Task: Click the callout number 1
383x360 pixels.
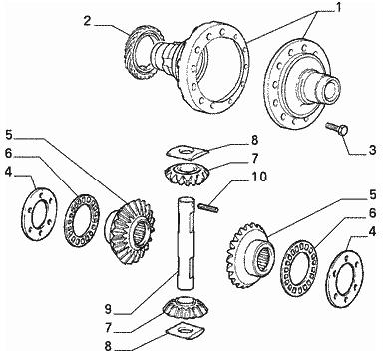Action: tap(338, 7)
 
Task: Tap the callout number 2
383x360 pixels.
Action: tap(87, 21)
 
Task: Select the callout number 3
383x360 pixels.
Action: tap(372, 150)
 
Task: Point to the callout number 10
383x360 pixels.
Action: tap(259, 177)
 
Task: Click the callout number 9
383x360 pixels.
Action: tap(108, 309)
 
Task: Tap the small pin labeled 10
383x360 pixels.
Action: tap(208, 207)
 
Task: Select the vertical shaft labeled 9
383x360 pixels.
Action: tap(186, 243)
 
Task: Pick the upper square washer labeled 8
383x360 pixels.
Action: tap(188, 152)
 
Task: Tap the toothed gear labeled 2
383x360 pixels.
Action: tap(142, 52)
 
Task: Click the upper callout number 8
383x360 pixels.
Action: tap(254, 140)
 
